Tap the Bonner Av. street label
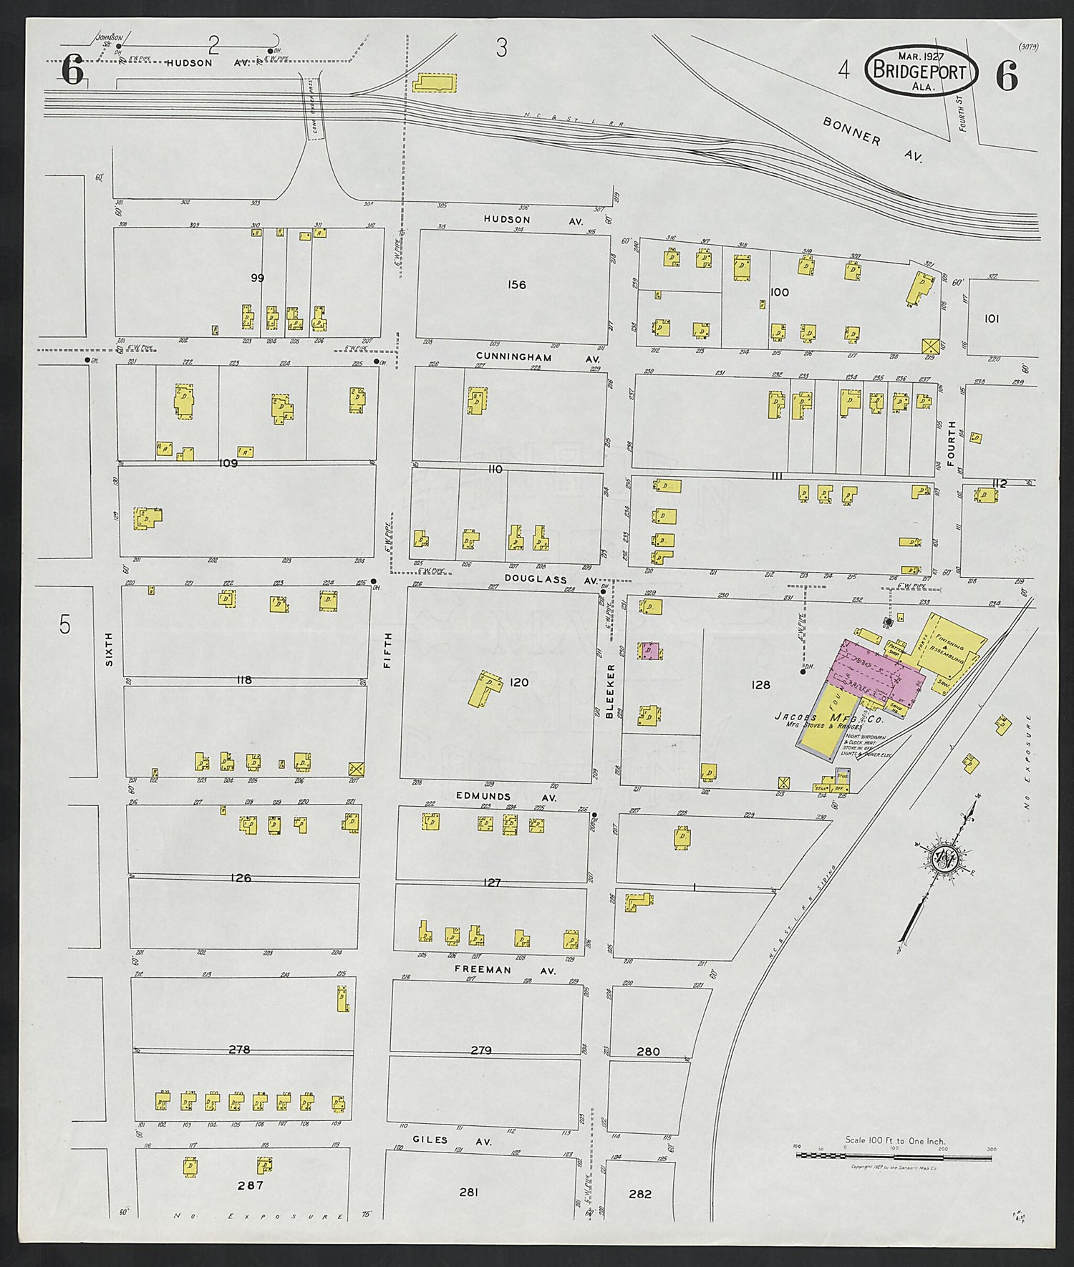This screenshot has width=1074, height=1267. pos(872,139)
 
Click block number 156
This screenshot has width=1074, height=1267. pos(516,285)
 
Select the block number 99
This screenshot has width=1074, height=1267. pos(257,278)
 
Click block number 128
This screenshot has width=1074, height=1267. pos(760,685)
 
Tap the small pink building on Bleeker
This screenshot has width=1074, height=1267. pos(649,651)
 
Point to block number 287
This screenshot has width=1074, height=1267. pos(251,1185)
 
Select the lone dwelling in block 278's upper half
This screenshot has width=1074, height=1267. pos(342,999)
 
